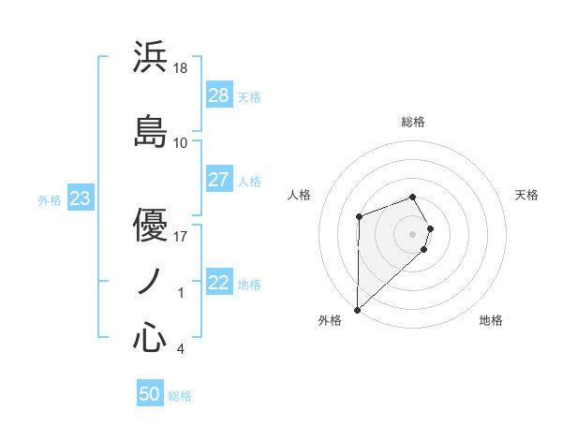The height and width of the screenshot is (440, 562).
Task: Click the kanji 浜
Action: [x=150, y=58]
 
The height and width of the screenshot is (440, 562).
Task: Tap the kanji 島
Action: [x=150, y=130]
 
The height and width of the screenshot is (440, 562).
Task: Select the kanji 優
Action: [x=150, y=225]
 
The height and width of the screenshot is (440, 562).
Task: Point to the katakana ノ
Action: [x=150, y=282]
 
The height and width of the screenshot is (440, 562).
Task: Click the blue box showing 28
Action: [x=218, y=95]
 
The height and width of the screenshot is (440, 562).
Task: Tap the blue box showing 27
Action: [x=218, y=180]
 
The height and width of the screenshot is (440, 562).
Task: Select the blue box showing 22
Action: [x=218, y=283]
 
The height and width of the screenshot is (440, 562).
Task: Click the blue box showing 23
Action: [x=80, y=198]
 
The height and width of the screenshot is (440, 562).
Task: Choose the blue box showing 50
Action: [x=150, y=394]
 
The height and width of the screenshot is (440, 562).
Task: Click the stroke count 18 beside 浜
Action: [x=181, y=68]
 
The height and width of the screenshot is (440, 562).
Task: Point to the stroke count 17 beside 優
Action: [x=181, y=236]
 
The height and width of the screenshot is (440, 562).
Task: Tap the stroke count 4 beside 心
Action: [x=180, y=350]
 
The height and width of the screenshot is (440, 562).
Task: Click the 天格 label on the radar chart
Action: [x=526, y=195]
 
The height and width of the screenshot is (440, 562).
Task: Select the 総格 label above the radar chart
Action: [x=413, y=122]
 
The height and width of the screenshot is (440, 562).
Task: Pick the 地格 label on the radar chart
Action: [x=491, y=320]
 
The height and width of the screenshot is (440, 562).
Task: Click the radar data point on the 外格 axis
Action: [x=357, y=309]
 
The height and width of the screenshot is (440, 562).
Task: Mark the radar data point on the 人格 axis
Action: [x=359, y=217]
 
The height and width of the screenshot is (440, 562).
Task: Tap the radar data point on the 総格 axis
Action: [x=413, y=197]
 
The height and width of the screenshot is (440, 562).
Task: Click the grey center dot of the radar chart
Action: [x=413, y=232]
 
